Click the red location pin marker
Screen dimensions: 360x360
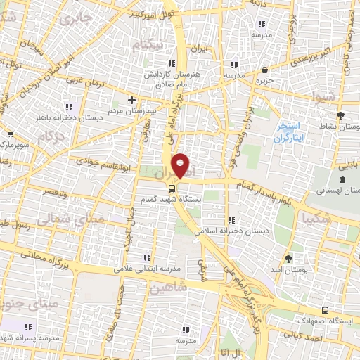[181, 165]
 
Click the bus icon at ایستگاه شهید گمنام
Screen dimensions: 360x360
[172, 188]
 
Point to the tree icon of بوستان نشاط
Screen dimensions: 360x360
[341, 115]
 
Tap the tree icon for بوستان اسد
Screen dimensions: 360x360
[288, 259]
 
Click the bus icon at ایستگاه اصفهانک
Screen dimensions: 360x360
[324, 309]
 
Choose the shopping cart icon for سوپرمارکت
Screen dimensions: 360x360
[9, 134]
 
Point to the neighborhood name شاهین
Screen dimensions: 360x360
[169, 288]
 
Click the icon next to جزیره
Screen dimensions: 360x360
[264, 70]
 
